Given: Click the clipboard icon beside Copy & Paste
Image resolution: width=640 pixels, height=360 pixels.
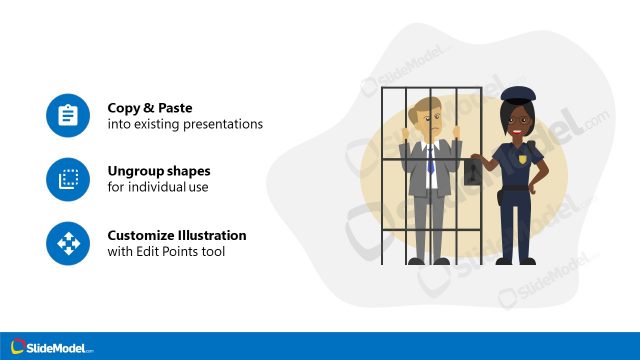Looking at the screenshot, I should click(x=68, y=116).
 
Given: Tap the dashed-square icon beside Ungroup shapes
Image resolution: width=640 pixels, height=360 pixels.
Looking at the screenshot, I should click(x=68, y=179).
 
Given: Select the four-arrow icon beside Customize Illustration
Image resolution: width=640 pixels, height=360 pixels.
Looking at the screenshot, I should click(x=68, y=243).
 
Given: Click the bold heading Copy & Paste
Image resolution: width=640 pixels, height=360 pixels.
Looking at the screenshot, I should click(x=150, y=108).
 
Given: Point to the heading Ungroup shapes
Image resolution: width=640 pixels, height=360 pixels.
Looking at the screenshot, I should click(x=159, y=171).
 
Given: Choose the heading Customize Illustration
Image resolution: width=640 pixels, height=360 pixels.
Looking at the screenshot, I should click(x=177, y=235).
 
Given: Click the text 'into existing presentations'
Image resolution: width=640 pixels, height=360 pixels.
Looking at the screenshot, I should click(x=185, y=124).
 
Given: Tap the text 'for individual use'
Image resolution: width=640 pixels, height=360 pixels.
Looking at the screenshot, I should click(x=158, y=187).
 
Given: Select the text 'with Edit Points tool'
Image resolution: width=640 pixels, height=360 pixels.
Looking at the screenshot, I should click(x=166, y=251).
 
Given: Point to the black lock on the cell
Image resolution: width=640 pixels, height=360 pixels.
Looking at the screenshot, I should click(x=473, y=179).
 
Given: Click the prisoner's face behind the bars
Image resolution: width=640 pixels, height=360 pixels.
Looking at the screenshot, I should click(x=429, y=126).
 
